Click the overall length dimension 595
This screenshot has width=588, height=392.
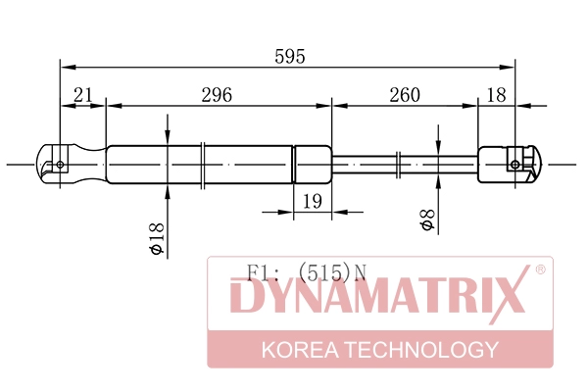290,57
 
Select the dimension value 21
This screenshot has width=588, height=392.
83,95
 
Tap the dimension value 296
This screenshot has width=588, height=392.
216,95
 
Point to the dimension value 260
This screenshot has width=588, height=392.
404,95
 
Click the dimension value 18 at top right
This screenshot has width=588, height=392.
496,95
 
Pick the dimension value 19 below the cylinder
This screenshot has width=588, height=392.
313,202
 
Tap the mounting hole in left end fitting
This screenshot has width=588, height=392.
61,165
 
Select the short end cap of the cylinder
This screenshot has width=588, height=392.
313,164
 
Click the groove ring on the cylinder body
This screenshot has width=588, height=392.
201,164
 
